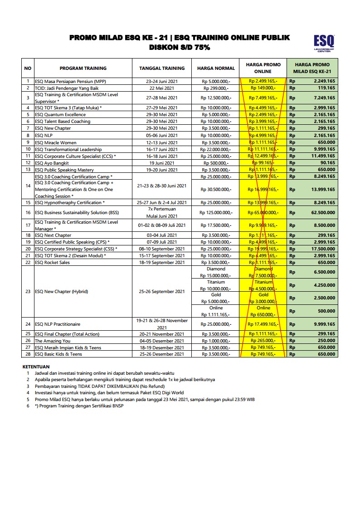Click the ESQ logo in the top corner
coord(324,43)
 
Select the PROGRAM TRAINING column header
coord(83,69)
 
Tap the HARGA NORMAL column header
coord(216,69)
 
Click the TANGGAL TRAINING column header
coord(162,69)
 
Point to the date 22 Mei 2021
coord(162,88)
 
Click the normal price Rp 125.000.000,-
coord(216,212)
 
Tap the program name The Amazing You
coord(53,341)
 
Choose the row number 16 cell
coord(28,212)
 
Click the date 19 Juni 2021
coord(162,162)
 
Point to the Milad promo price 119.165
coord(326,88)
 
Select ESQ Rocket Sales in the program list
coord(53,262)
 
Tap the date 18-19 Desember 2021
coord(162,347)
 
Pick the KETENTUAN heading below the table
coord(36,366)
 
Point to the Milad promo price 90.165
coord(327,162)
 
